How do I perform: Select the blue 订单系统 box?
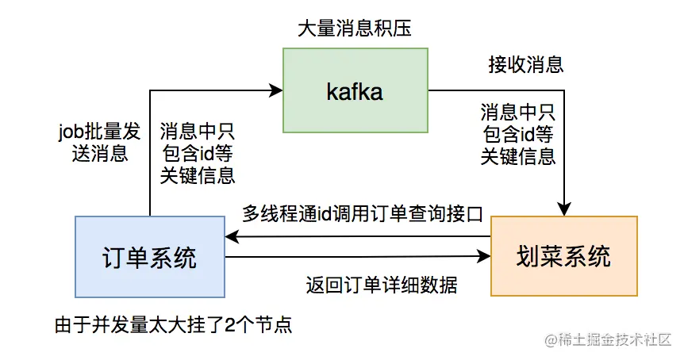click(150, 257)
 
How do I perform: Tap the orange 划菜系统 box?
click(563, 257)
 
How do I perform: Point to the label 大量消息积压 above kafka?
click(355, 29)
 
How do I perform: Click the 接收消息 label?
click(526, 63)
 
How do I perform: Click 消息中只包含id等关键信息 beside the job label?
click(197, 153)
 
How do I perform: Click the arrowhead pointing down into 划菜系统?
click(563, 210)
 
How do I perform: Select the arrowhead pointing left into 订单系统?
click(232, 236)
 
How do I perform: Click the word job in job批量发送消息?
click(71, 129)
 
